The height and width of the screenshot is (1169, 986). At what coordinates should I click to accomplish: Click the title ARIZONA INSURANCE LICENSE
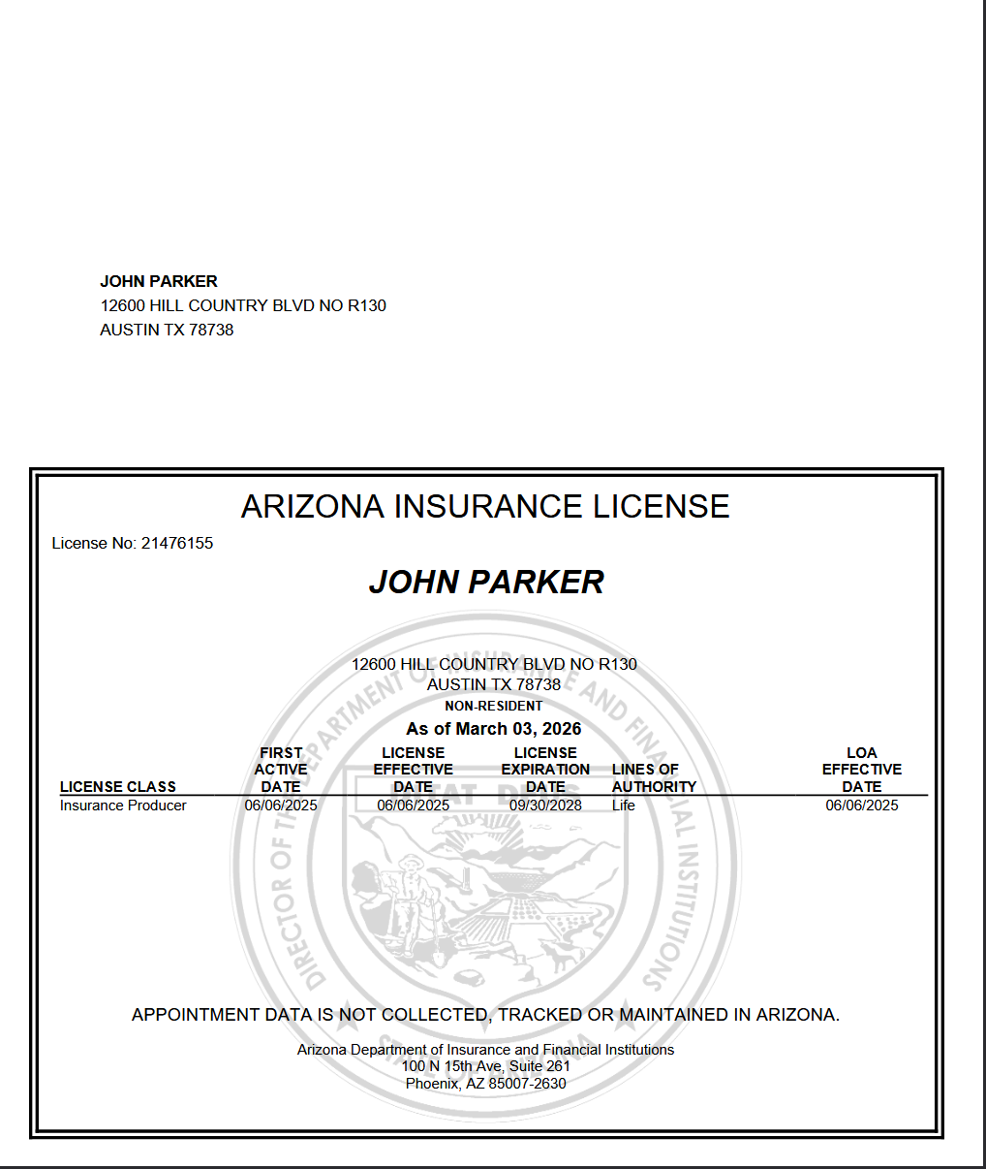[x=485, y=506]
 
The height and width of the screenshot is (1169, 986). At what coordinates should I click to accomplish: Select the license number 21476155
[x=177, y=543]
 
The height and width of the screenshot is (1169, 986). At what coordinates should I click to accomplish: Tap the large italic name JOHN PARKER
[x=486, y=582]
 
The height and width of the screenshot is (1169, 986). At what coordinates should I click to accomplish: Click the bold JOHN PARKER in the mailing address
[x=159, y=281]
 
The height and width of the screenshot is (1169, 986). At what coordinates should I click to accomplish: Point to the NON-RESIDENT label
[x=494, y=706]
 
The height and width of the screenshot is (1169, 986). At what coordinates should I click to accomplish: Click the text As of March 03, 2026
[x=494, y=729]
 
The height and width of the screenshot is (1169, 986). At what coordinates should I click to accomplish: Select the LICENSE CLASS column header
[x=118, y=786]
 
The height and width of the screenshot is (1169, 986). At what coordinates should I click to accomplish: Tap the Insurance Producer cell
[x=123, y=806]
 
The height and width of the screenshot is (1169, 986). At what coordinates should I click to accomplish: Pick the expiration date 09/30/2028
[x=545, y=806]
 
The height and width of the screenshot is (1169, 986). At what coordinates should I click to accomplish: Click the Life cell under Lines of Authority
[x=624, y=806]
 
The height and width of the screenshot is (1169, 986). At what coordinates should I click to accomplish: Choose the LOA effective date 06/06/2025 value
[x=862, y=806]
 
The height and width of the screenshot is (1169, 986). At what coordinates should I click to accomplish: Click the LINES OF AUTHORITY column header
[x=654, y=777]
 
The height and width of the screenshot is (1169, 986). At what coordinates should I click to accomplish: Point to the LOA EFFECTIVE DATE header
[x=862, y=770]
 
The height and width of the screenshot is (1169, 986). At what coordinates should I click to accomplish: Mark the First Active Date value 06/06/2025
[x=281, y=806]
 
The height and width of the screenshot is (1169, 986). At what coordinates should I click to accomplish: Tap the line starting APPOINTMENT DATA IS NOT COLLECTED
[x=485, y=1015]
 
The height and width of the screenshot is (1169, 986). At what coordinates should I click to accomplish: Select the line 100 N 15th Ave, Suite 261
[x=486, y=1066]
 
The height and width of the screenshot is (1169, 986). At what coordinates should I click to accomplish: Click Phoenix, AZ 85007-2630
[x=486, y=1084]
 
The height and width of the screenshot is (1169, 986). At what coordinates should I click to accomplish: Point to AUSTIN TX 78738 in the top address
[x=167, y=330]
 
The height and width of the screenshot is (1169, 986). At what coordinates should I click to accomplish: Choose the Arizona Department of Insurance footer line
[x=486, y=1050]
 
